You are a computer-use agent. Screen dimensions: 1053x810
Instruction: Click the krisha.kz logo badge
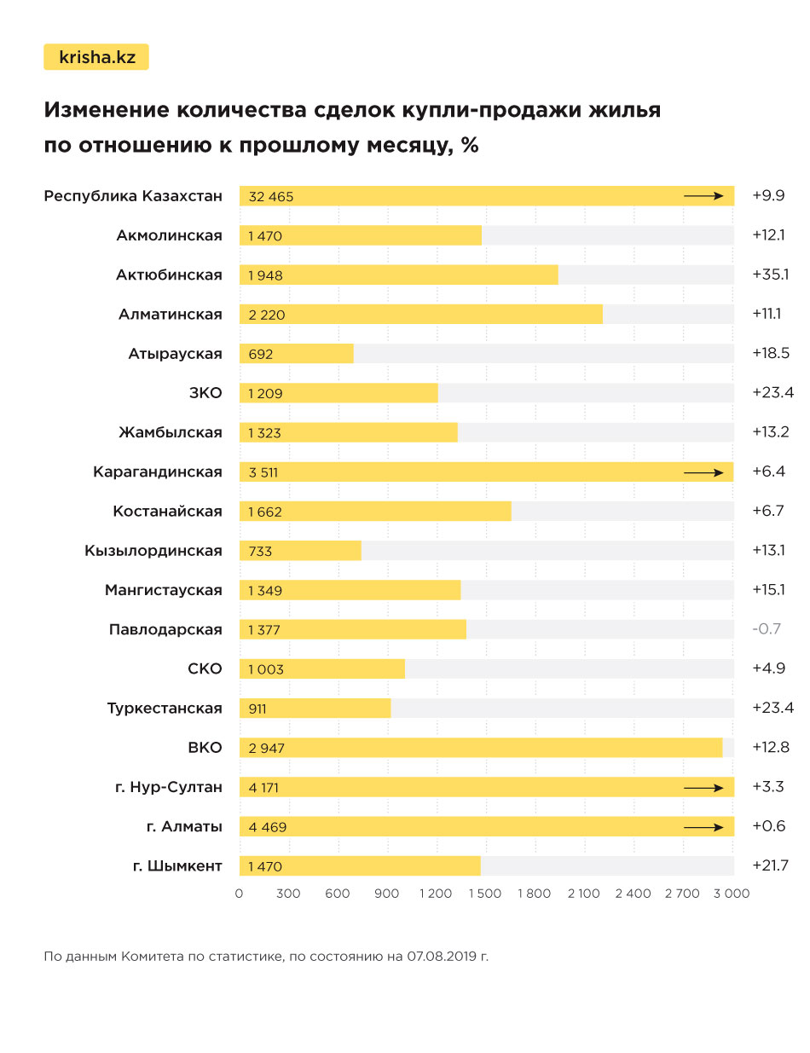pos(95,57)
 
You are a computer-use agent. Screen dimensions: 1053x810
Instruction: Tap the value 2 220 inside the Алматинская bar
pos(267,315)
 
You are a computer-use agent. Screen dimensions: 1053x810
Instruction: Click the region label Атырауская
pos(175,354)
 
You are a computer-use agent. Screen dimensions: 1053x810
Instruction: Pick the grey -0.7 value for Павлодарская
pos(767,629)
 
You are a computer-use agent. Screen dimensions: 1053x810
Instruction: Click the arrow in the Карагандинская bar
pos(703,472)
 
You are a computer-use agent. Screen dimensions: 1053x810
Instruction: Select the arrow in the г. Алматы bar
pos(703,826)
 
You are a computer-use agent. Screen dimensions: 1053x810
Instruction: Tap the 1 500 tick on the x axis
pos(485,894)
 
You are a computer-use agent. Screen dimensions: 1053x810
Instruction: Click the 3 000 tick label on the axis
pos(731,894)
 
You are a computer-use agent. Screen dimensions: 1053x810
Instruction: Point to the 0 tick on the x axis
pos(240,894)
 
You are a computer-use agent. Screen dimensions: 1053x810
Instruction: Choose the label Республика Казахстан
pos(133,196)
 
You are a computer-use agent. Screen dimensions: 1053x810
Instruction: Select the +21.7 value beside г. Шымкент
pos(770,865)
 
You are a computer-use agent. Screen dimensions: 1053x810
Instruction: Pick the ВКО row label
pos(205,748)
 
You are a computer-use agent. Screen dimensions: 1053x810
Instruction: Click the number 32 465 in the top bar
pos(271,197)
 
